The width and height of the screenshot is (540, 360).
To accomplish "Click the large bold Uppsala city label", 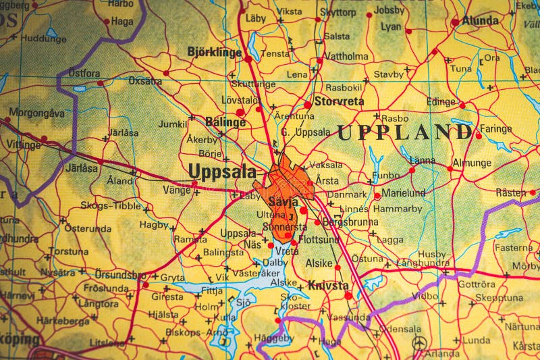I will coord(223,172).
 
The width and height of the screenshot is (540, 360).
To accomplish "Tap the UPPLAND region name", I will coord(404,132).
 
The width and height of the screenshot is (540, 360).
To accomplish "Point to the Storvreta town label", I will coord(338,102).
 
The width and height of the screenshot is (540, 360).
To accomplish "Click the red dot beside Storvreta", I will coord(308,105).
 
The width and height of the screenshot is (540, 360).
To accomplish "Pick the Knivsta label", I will coord(327,286).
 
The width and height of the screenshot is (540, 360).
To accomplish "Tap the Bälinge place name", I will coord(225,122).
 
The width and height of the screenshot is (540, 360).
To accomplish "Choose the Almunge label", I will coord(471,163).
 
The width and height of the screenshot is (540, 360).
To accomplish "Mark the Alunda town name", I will coord(480,21).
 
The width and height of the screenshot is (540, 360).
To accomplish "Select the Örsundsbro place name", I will coord(119,276).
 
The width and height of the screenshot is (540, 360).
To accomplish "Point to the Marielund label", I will coord(404,192).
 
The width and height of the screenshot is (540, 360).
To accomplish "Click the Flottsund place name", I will coord(319,239).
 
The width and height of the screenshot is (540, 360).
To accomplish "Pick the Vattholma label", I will coord(346,57).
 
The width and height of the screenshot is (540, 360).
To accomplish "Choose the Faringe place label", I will coord(496,128).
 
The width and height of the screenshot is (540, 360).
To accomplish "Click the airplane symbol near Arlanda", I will coord(420,343).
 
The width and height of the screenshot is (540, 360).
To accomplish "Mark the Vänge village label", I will coord(177,190).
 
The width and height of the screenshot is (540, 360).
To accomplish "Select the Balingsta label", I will coord(223,253).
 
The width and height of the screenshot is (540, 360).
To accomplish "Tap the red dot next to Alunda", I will coord(455,22).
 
